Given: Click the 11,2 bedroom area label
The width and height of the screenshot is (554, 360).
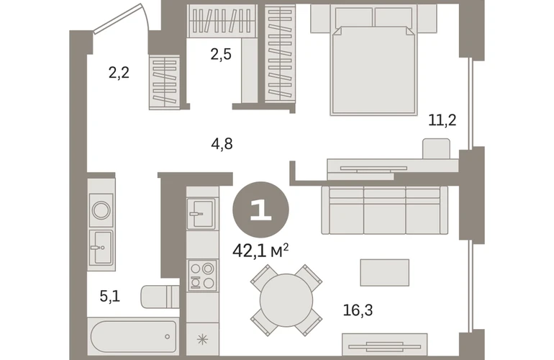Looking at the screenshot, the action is click(442, 120).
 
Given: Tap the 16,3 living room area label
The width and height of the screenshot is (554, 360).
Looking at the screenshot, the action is click(358, 310).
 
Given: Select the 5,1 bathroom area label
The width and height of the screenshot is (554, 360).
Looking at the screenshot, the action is click(110, 296).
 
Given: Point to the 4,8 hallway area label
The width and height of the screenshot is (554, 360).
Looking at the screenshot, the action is click(222, 144).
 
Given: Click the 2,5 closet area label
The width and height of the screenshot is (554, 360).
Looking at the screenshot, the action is click(221, 55).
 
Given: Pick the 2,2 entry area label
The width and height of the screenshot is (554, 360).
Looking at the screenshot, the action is click(119, 73).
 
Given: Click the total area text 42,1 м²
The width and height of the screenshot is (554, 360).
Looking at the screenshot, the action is click(260, 251).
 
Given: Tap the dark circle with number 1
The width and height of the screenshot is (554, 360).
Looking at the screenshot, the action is click(260, 210).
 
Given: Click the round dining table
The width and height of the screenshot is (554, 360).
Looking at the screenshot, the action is click(286, 300).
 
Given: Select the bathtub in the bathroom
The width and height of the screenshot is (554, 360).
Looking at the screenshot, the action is click(133, 336).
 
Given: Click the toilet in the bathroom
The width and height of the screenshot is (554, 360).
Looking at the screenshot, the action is click(160, 297).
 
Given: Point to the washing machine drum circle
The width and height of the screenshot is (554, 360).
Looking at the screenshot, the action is click(101, 210).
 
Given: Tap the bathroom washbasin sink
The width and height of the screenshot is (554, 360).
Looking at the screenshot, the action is click(101, 247).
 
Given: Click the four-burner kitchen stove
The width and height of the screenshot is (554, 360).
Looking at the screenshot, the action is click(202, 276).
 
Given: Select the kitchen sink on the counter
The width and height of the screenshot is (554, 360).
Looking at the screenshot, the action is click(201, 214).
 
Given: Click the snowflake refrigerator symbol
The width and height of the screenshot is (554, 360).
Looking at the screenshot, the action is click(202, 340).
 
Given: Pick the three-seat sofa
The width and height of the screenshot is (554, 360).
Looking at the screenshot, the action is click(385, 210).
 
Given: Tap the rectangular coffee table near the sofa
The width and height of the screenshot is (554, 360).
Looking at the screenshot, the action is click(385, 272).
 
